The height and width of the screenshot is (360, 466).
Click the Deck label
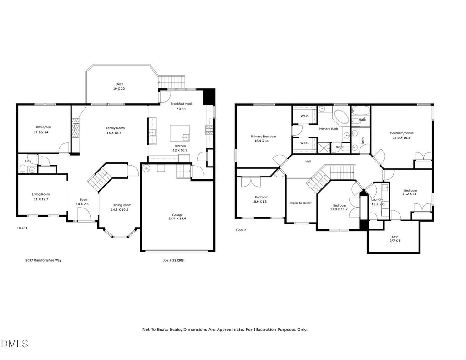119,84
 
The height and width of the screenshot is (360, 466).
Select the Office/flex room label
43,127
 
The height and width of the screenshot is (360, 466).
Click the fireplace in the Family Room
75,128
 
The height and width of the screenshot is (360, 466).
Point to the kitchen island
180,133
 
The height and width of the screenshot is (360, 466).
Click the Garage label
177,215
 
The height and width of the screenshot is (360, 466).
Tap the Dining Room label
122,205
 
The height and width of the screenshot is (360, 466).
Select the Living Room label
41,194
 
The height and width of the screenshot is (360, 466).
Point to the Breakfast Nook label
182,104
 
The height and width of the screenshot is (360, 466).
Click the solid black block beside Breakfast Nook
208,96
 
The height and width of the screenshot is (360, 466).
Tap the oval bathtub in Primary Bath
342,117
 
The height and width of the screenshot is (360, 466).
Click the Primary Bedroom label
263,137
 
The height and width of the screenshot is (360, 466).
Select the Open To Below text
301,203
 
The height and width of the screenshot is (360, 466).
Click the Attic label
395,237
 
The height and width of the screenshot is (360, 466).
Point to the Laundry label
377,199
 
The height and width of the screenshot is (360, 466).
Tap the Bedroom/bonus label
402,133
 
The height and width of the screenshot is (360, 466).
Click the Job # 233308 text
173,260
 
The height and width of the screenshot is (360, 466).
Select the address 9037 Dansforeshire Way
43,260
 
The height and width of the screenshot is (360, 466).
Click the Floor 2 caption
241,230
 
